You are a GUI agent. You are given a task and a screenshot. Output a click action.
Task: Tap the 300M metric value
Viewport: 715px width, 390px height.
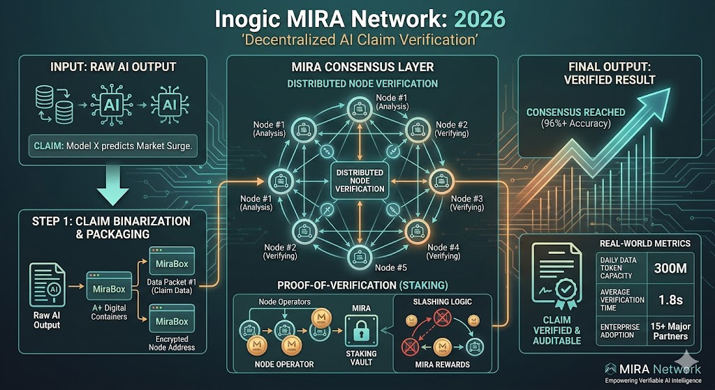tap(671, 268)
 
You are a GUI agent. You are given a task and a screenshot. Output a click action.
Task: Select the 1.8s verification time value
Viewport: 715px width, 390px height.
tap(671, 298)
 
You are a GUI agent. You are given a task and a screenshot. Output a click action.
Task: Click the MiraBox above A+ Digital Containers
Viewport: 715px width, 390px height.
tap(109, 287)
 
